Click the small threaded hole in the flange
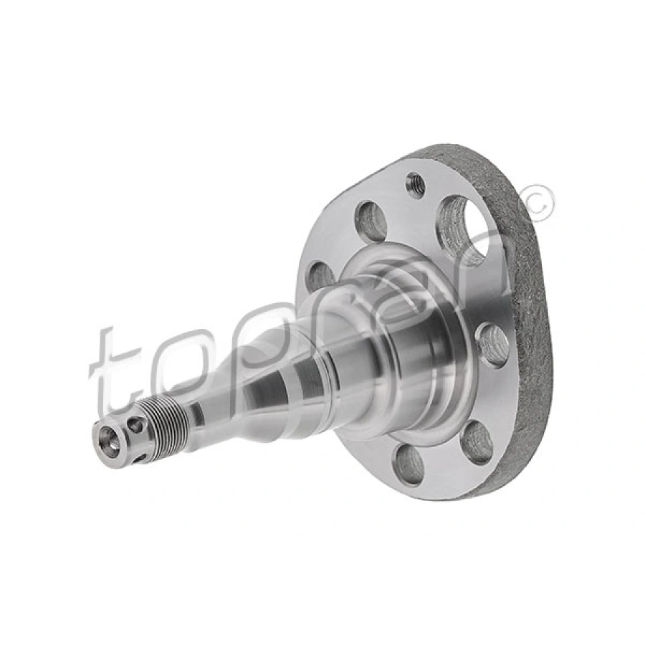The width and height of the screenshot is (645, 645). click(415, 186)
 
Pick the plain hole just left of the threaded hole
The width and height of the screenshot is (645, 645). click(371, 221)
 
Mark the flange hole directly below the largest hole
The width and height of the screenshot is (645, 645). click(493, 345)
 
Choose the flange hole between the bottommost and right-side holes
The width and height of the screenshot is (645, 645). click(477, 442)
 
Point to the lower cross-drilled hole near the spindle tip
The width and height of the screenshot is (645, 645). click(141, 456)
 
